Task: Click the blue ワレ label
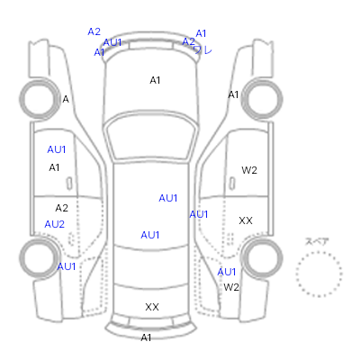[x=203, y=49]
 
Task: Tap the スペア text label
[x=317, y=241]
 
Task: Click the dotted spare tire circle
[x=319, y=274]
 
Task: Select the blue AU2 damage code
[x=54, y=224]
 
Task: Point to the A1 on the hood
[x=155, y=80]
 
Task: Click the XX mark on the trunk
[x=152, y=307]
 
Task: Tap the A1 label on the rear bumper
[x=146, y=337]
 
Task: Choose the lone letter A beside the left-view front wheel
[x=66, y=99]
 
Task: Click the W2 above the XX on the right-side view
[x=249, y=170]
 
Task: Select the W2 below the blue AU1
[x=231, y=287]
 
